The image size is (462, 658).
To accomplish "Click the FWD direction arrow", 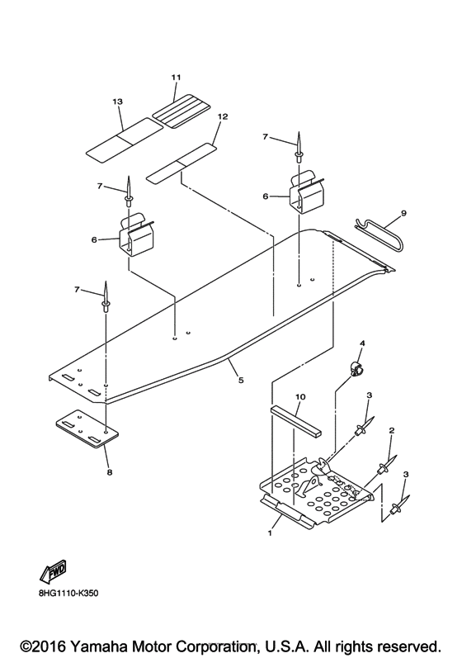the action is point(54,572).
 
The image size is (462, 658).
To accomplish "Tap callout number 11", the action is point(176,78).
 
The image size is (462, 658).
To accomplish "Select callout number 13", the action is point(118,102).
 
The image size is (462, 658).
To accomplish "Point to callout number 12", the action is point(223,116).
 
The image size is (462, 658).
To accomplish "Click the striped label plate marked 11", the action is point(181,111).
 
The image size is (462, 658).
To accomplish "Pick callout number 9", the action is point(403,213).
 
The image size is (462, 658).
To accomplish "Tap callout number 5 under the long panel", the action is point(241,381).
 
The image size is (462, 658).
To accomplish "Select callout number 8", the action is point(110,472).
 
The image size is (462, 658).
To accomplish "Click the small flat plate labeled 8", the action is point(87,429).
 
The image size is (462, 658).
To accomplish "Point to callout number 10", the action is point(300,396).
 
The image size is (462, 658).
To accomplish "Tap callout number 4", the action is point(362,343).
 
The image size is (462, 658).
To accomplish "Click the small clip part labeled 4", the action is point(355,367).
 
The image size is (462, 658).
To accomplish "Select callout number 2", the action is point(392,430).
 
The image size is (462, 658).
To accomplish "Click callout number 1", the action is point(270,533).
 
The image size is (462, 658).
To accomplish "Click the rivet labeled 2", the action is point(387,466).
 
